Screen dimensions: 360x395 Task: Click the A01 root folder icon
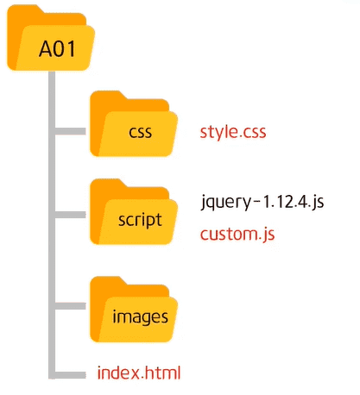tap(51, 38)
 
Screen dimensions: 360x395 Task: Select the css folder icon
tap(134, 123)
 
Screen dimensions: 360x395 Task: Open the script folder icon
tap(134, 211)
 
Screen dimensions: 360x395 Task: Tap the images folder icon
tap(134, 310)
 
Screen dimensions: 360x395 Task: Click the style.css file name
tap(233, 132)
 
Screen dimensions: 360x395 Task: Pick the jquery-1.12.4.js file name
tap(262, 202)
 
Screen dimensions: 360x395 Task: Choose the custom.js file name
tap(237, 234)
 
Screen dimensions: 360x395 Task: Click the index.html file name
tap(139, 373)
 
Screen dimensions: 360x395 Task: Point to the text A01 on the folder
tap(57, 49)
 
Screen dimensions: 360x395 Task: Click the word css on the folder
tap(140, 133)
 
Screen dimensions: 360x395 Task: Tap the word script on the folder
tap(140, 221)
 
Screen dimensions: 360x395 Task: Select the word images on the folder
tap(140, 317)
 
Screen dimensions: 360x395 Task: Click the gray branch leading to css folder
tap(70, 131)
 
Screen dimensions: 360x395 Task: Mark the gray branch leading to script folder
tap(70, 215)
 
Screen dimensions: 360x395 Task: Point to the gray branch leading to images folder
tap(70, 306)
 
